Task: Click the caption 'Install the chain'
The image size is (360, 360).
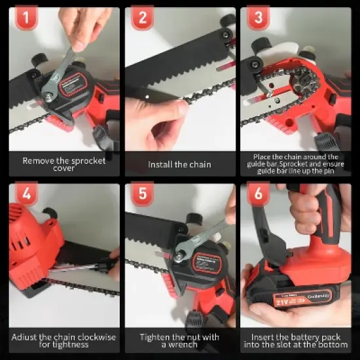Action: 180,164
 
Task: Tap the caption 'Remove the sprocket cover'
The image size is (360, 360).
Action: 64,164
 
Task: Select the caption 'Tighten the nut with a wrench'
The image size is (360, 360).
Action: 180,340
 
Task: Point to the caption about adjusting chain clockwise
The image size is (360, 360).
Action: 64,340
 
